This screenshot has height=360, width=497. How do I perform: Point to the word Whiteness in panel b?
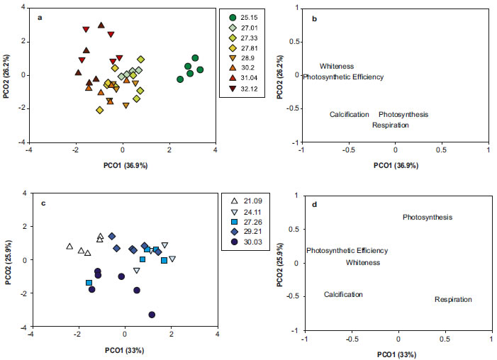coord(335,66)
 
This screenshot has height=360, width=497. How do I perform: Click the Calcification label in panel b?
coord(349,114)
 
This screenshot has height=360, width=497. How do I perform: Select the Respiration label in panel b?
coord(391,125)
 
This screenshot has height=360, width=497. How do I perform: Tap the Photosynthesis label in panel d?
coord(428,217)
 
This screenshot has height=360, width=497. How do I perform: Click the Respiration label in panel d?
coord(453,300)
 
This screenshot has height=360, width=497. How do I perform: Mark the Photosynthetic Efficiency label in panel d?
coord(347,250)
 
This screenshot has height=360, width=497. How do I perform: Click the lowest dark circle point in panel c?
coord(152,314)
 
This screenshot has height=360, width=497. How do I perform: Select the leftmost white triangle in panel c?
coord(69,247)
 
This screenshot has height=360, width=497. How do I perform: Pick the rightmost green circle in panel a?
coord(201,69)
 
